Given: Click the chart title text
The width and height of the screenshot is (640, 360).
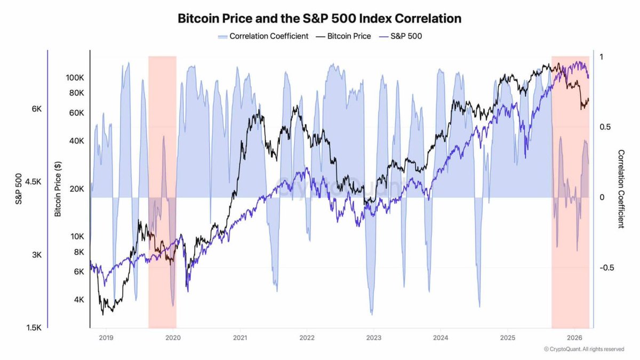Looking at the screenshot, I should (x=319, y=19).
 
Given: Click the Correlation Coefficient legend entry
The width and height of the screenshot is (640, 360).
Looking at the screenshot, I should (x=263, y=36).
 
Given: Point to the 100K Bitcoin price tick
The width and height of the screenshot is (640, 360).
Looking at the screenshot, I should (x=75, y=77).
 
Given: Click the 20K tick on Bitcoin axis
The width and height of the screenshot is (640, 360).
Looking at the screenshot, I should (x=77, y=189).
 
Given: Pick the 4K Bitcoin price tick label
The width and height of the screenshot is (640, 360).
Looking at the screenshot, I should (x=78, y=300).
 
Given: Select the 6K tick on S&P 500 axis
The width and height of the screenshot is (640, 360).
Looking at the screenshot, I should (x=36, y=108).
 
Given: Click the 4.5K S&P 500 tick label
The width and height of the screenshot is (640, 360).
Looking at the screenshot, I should (x=33, y=181).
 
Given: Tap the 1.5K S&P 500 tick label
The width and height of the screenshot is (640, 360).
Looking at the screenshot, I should (x=33, y=327).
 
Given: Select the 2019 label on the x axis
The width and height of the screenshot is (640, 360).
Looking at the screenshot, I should (x=106, y=338).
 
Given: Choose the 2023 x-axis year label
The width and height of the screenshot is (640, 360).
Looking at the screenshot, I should (x=373, y=338).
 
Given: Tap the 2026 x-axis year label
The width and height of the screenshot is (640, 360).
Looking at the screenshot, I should (x=574, y=338).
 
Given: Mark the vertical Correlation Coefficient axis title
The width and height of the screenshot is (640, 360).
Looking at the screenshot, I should (x=621, y=189).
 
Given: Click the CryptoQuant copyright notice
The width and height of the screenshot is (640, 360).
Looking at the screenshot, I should (x=583, y=349).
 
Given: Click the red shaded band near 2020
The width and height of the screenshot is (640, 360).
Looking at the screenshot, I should (x=162, y=133).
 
